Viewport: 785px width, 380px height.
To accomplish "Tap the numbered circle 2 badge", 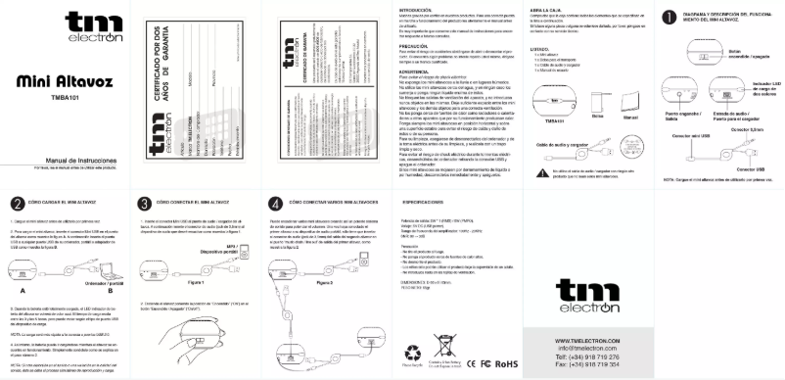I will [x=18, y=204].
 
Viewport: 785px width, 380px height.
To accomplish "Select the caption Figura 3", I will [x=329, y=281].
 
